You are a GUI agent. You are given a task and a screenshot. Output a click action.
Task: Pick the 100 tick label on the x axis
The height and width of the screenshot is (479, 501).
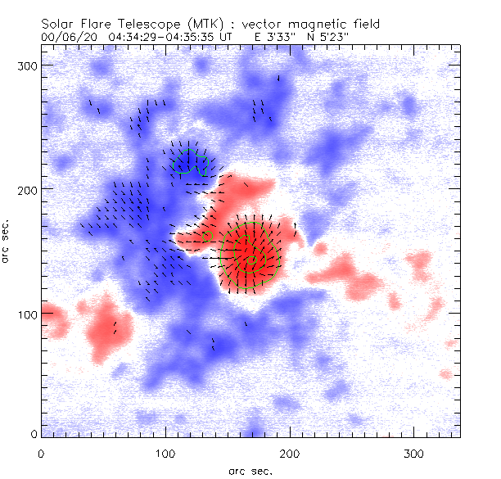[x=165, y=453]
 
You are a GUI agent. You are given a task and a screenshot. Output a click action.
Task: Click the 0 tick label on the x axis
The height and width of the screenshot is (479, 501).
[x=41, y=453]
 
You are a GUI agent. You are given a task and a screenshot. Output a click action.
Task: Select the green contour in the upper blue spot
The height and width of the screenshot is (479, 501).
[x=189, y=160]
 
